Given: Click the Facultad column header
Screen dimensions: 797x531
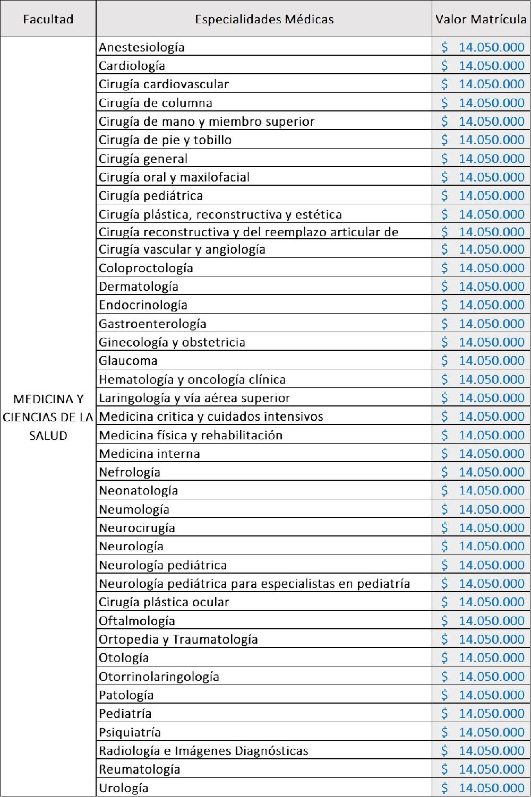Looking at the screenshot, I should [48, 20].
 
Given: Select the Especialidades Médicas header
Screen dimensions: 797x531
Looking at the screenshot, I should [264, 20].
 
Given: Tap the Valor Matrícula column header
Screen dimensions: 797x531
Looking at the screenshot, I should [481, 20].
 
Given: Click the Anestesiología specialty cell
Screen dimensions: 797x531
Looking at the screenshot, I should [142, 47].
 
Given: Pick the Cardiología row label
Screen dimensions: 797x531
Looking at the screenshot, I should [132, 66].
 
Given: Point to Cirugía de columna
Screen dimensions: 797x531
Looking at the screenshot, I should [156, 103].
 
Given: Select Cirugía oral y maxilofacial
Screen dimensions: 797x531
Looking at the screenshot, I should [174, 177].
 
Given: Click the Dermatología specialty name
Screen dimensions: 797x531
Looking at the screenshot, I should [139, 287].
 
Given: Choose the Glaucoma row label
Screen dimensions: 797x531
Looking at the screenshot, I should [128, 361].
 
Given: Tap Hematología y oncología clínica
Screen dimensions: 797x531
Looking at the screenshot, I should [192, 379].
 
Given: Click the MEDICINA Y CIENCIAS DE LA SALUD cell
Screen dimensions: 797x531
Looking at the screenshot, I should [48, 417].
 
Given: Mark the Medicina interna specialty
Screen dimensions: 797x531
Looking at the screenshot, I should [149, 454].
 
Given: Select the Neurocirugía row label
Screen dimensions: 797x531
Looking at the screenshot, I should [137, 528].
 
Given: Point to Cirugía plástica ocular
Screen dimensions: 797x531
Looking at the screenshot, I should [164, 602].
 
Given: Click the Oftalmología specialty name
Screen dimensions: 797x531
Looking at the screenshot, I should [137, 621].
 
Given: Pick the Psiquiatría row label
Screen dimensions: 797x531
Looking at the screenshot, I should [130, 732].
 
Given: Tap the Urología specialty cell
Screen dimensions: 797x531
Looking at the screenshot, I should [124, 788].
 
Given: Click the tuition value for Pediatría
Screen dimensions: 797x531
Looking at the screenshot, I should [491, 714].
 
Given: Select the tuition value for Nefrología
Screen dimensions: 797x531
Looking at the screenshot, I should [491, 472].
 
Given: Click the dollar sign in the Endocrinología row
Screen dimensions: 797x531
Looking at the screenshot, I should [445, 305].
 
